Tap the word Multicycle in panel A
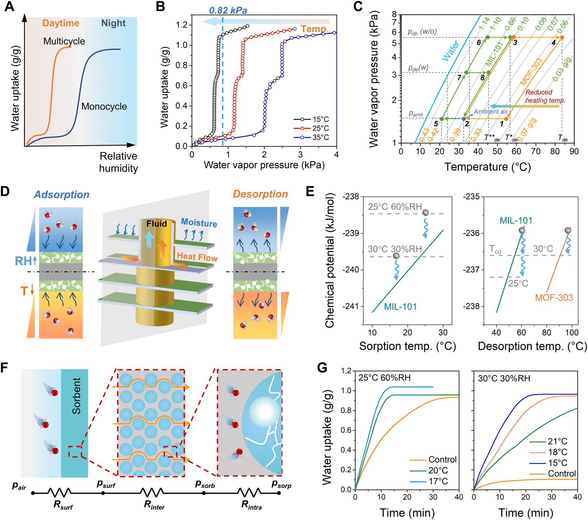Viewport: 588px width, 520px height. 64,41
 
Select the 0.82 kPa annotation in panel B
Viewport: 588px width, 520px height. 228,11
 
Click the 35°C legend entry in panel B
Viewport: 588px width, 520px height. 320,137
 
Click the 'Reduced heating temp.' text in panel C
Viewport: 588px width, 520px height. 545,96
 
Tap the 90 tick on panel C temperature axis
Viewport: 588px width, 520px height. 574,151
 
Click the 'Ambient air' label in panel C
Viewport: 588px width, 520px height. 491,112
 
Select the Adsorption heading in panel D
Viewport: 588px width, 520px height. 62,195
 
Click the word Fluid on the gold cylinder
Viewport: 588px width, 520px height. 156,224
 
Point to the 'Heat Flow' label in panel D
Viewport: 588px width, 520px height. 197,257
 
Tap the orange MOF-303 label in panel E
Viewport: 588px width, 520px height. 554,297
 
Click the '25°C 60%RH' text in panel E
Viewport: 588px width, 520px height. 395,207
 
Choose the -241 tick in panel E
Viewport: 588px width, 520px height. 350,306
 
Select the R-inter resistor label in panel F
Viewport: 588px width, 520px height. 154,505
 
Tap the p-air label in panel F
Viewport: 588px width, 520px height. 19,486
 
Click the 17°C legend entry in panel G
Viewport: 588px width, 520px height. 438,481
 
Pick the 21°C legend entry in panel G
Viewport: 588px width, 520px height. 557,441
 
